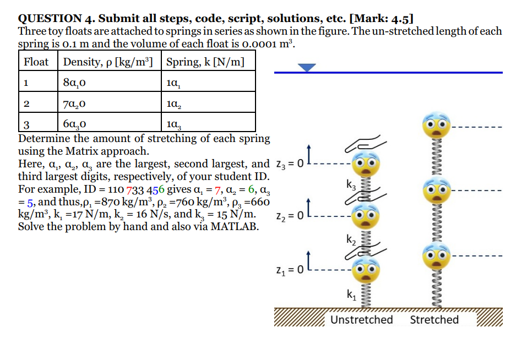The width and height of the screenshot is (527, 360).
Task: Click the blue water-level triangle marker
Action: coord(307,67)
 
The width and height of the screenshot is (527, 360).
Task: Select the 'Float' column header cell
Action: coord(36,62)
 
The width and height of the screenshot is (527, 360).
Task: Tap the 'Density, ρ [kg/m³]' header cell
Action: coord(108,62)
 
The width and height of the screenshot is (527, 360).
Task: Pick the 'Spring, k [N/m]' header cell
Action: coord(204,62)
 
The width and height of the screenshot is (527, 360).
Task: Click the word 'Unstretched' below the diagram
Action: coord(362,320)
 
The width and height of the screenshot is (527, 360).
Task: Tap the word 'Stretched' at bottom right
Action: coord(434,320)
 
